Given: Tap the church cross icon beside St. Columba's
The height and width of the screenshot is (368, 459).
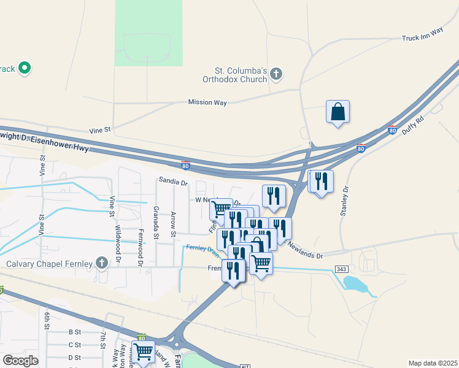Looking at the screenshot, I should pos(276,74).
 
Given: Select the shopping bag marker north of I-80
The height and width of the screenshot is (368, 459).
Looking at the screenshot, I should pos(337,112).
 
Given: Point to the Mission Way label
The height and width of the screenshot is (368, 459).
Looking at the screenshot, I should pos(207,102).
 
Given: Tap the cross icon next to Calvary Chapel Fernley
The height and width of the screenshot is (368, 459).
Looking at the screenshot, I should pos(102,264).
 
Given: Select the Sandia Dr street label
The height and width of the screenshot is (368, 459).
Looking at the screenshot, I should pos(173,182).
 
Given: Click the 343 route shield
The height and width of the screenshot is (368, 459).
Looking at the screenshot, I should pos(342,270).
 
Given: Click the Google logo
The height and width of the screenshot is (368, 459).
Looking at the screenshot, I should pos(20,361).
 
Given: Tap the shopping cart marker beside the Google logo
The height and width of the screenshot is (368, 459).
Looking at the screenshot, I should pos(143,352).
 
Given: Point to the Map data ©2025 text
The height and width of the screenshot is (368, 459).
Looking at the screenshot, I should pos(433,364).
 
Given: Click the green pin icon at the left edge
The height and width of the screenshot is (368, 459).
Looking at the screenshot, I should pos(25,67).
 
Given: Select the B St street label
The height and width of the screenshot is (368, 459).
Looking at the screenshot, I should pos(74,332).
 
